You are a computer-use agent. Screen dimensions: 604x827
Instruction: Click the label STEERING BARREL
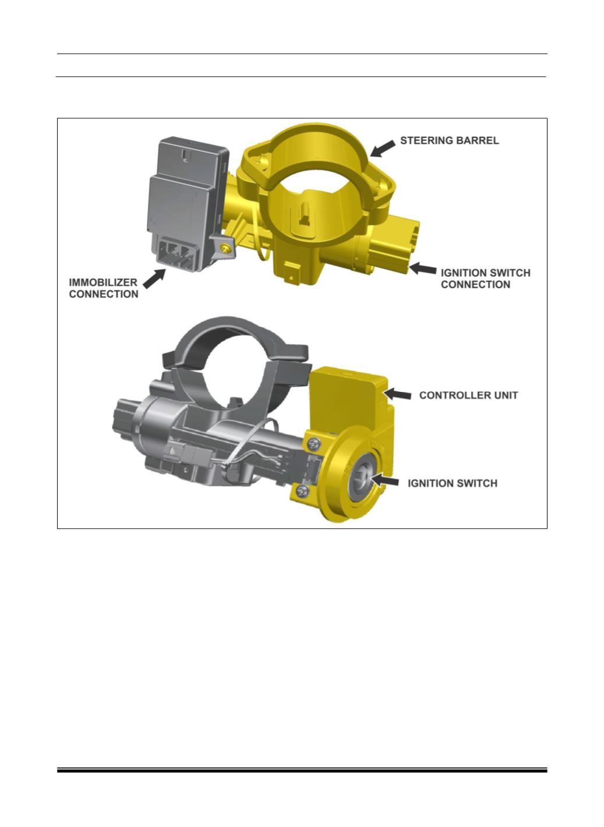pyautogui.click(x=449, y=141)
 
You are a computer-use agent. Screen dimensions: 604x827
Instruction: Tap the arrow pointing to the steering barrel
pyautogui.click(x=383, y=149)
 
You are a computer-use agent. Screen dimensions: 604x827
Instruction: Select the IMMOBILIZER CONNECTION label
pyautogui.click(x=103, y=288)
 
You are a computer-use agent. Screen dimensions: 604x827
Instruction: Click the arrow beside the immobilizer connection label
pyautogui.click(x=154, y=279)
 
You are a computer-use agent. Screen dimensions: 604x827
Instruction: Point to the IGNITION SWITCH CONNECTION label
pyautogui.click(x=486, y=279)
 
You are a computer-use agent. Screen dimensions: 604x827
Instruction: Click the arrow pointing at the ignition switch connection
pyautogui.click(x=423, y=268)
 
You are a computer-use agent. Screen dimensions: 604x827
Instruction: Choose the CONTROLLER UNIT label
pyautogui.click(x=468, y=395)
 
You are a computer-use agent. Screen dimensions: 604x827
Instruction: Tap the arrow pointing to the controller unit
pyautogui.click(x=398, y=394)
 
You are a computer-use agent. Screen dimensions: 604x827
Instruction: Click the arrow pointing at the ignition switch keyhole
pyautogui.click(x=384, y=481)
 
